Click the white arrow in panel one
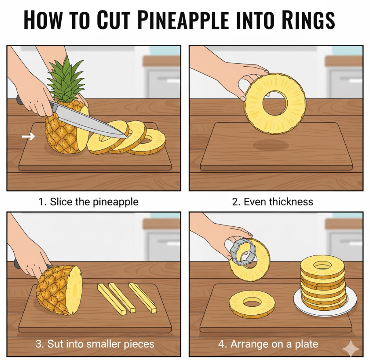pyautogui.click(x=28, y=136)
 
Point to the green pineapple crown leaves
pyautogui.click(x=65, y=79)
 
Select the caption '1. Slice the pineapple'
pyautogui.click(x=88, y=202)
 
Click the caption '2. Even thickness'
pyautogui.click(x=273, y=202)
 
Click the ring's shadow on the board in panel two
pyautogui.click(x=271, y=144)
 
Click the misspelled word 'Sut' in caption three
pyautogui.click(x=55, y=344)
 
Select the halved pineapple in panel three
pyautogui.click(x=59, y=290)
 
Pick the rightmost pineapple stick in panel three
pyautogui.click(x=143, y=297)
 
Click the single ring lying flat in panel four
pyautogui.click(x=252, y=304)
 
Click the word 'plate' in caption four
pyautogui.click(x=306, y=344)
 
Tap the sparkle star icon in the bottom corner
pyautogui.click(x=351, y=348)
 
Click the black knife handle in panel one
pyautogui.click(x=19, y=100)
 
